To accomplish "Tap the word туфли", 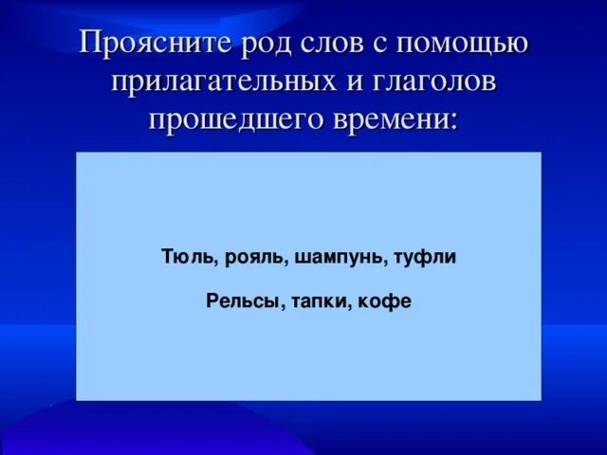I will point(425,258).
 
